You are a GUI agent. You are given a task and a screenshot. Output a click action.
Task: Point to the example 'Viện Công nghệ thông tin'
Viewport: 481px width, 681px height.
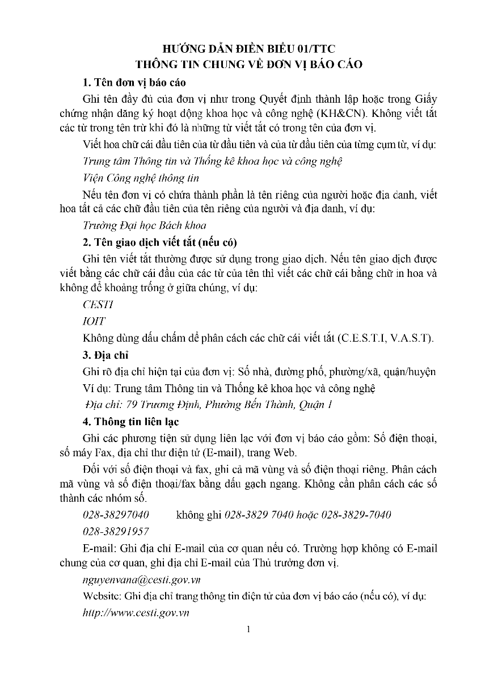[141, 178]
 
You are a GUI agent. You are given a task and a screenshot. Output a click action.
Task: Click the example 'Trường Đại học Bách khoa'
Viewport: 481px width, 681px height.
[144, 225]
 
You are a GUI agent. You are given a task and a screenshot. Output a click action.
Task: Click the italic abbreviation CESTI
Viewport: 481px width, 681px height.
[98, 304]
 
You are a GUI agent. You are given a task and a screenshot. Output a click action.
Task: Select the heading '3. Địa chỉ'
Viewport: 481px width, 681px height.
[106, 355]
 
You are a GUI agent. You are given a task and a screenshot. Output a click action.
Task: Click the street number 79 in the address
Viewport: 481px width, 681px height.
[132, 405]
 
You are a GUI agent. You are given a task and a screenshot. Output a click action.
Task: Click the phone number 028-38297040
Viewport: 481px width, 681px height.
[116, 515]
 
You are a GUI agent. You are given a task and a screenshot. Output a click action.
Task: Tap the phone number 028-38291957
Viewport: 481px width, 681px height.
[116, 531]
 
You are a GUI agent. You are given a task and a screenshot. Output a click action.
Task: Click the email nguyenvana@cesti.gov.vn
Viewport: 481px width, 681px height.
[141, 580]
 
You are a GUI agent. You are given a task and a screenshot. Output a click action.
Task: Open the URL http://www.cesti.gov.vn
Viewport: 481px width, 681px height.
[136, 613]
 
